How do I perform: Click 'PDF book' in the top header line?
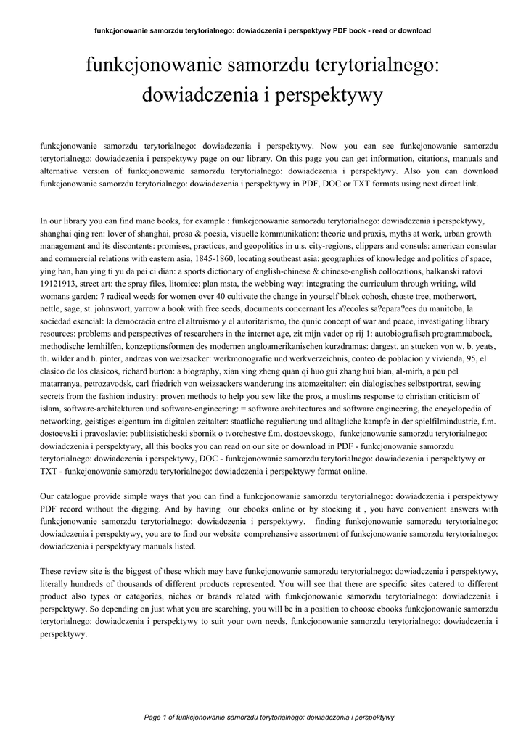pos(349,30)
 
